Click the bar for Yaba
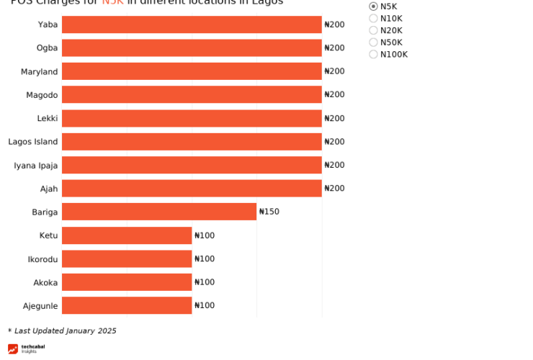click(x=192, y=24)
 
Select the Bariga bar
click(x=159, y=212)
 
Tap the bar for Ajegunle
click(x=127, y=305)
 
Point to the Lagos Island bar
click(x=192, y=142)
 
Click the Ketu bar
click(x=127, y=235)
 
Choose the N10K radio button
click(x=373, y=19)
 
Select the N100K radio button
click(x=373, y=55)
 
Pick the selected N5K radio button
click(x=373, y=6)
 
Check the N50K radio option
click(x=373, y=42)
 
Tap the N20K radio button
click(x=373, y=30)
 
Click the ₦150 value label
click(x=269, y=212)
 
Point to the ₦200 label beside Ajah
click(x=334, y=189)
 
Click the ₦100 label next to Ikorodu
click(x=205, y=259)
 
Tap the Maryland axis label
click(x=39, y=72)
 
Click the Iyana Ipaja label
click(x=35, y=166)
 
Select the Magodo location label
click(x=42, y=95)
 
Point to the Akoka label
click(x=45, y=282)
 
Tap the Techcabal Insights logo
click(x=26, y=349)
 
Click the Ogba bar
click(x=192, y=48)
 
